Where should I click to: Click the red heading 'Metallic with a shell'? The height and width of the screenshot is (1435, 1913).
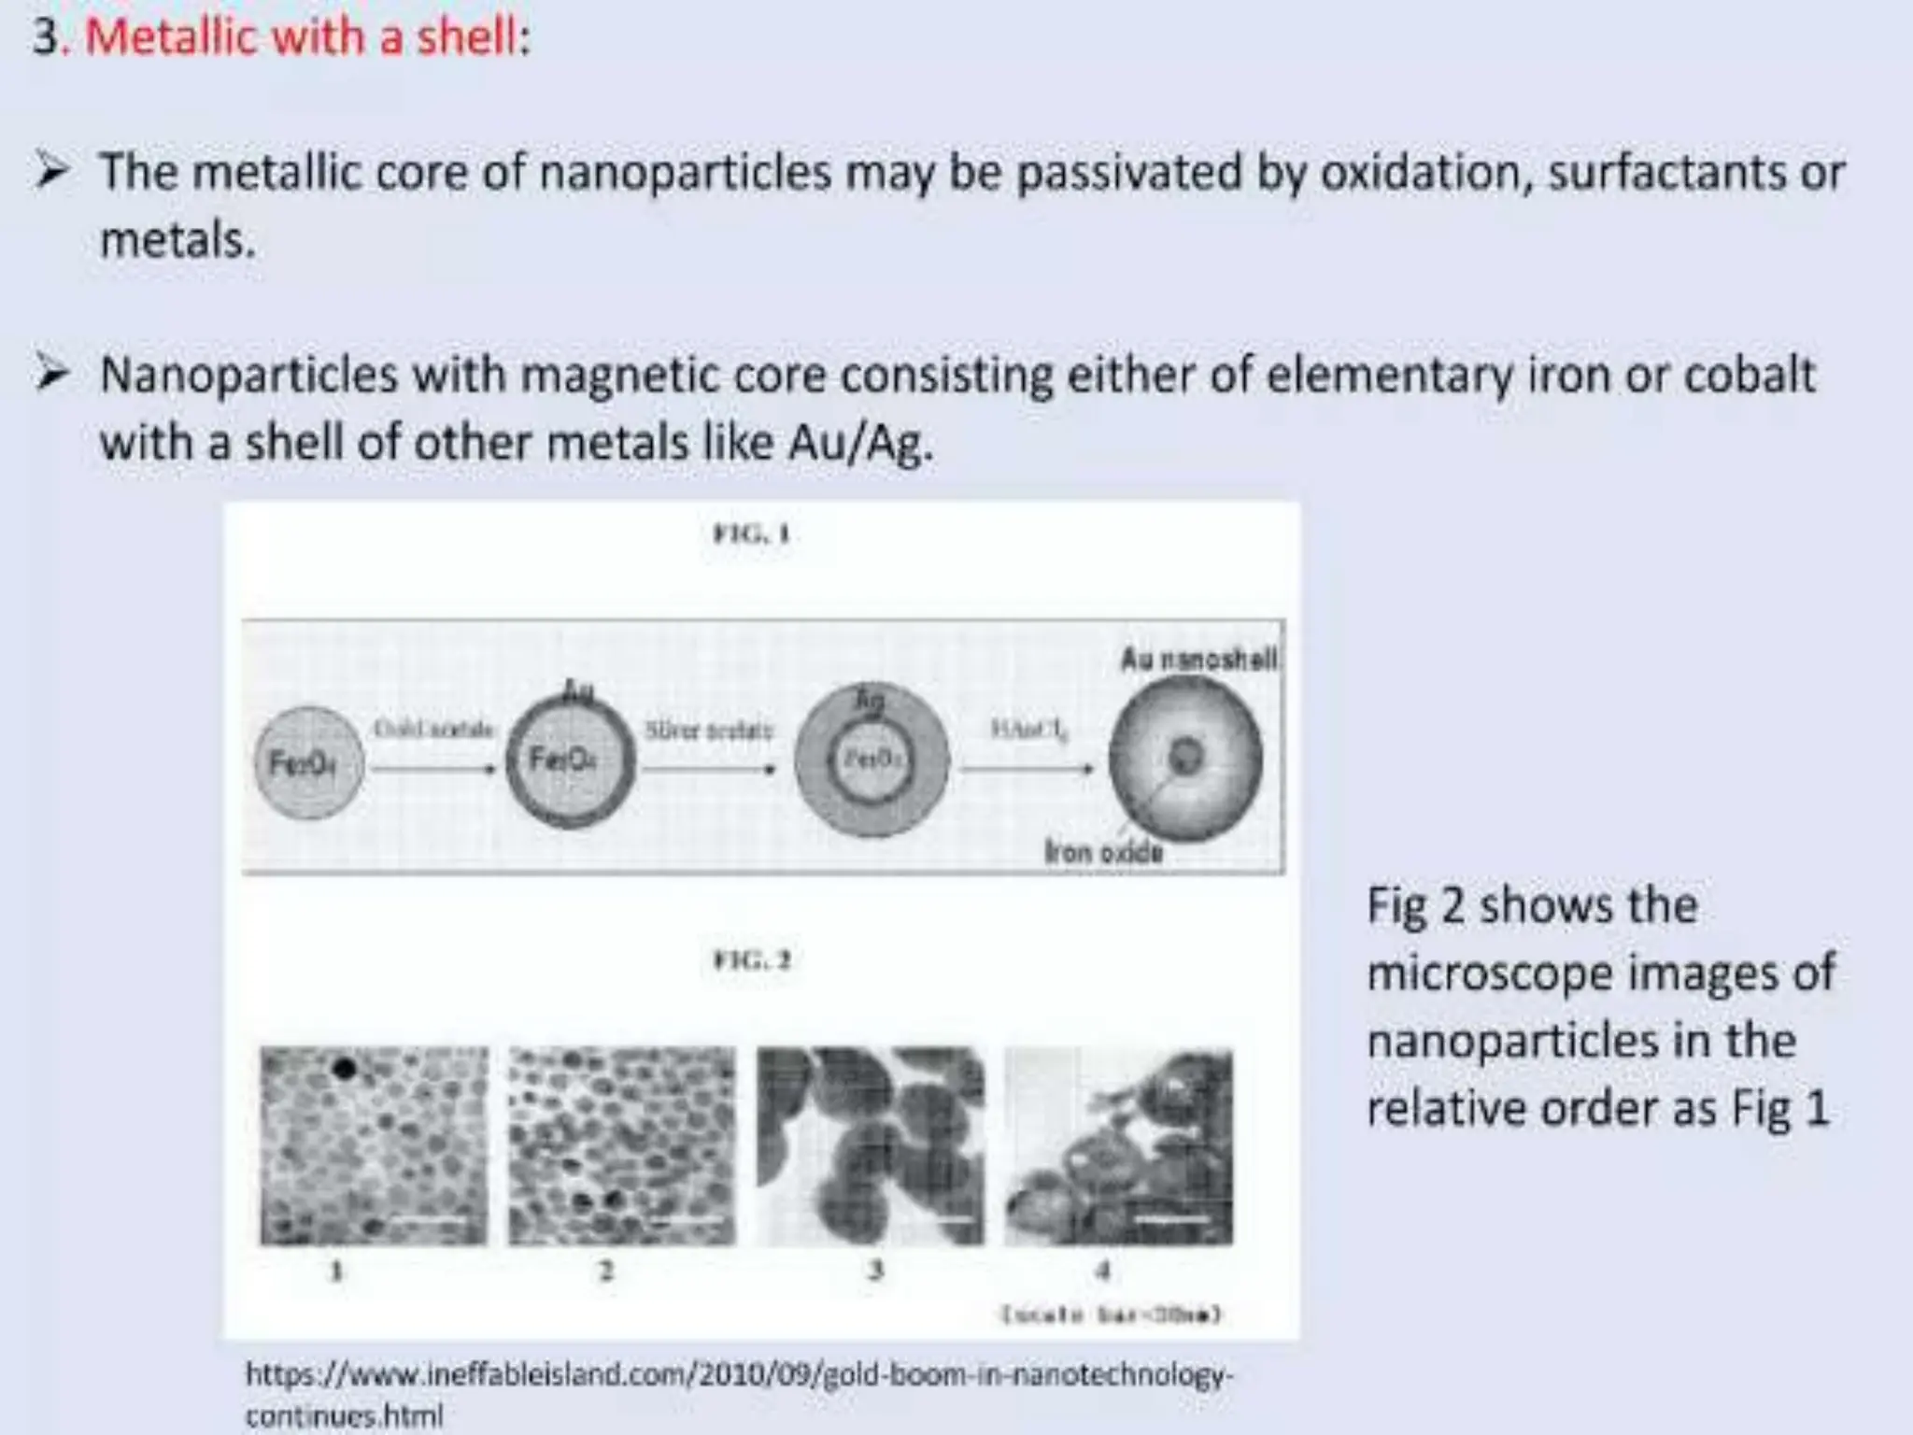pos(301,38)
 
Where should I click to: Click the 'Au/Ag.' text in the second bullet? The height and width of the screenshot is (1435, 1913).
pos(860,444)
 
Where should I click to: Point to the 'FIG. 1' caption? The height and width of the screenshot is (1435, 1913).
pos(752,534)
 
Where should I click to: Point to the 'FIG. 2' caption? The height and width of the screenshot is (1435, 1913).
pos(752,960)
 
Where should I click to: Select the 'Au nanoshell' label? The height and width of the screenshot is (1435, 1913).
pos(1198,660)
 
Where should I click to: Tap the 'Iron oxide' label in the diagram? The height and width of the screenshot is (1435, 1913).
pos(1103,852)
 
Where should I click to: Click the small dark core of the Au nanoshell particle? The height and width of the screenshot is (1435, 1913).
pos(1186,755)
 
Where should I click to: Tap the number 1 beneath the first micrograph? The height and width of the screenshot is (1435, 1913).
pos(337,1271)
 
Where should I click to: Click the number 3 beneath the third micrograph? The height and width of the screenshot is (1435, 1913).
pos(874,1271)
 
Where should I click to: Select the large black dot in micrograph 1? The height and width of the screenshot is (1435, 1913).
pos(344,1068)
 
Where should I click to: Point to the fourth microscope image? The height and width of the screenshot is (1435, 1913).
pos(1118,1146)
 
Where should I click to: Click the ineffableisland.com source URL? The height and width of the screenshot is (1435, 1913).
pos(738,1393)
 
